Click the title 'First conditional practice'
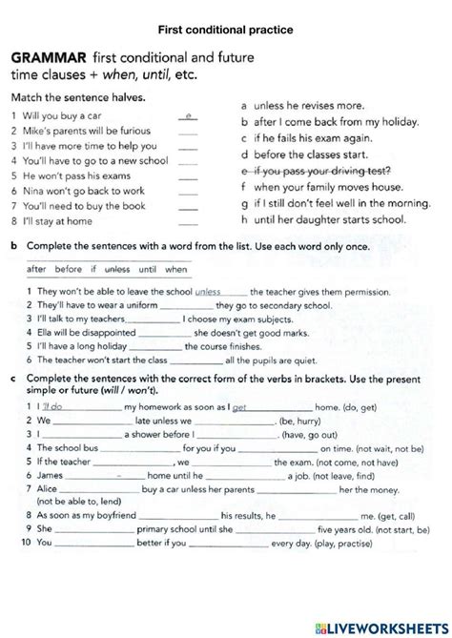[x=226, y=31]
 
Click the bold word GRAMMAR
[x=44, y=56]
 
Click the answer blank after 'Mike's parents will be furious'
[x=188, y=131]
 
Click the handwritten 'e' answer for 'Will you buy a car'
[x=189, y=115]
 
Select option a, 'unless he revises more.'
[x=303, y=108]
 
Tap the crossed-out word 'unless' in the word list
[x=116, y=270]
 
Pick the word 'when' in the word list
[x=176, y=270]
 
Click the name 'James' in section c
[x=51, y=474]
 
